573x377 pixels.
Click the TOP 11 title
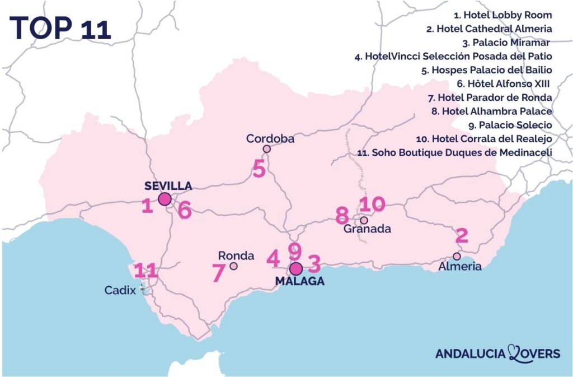pyautogui.click(x=60, y=26)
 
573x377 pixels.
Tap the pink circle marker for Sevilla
pyautogui.click(x=165, y=199)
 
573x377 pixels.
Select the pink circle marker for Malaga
pyautogui.click(x=296, y=268)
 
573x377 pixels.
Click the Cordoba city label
pyautogui.click(x=270, y=138)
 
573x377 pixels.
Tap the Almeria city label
pyautogui.click(x=460, y=267)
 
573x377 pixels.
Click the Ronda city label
pyautogui.click(x=236, y=255)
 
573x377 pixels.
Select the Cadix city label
pyautogui.click(x=120, y=290)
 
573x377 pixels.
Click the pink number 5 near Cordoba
pyautogui.click(x=259, y=169)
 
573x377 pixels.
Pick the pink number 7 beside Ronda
pyautogui.click(x=218, y=273)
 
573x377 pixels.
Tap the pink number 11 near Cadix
pyautogui.click(x=145, y=271)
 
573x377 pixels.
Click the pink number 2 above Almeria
pyautogui.click(x=462, y=236)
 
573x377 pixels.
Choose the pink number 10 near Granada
pyautogui.click(x=372, y=204)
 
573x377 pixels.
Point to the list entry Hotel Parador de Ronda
pyautogui.click(x=490, y=97)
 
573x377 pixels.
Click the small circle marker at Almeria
pyautogui.click(x=457, y=256)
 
